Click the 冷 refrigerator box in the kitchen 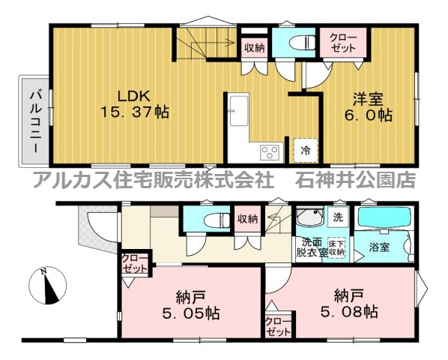point(306,150)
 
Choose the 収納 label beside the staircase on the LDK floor point(254,47)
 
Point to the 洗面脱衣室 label point(312,247)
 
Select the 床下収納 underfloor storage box point(336,247)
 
